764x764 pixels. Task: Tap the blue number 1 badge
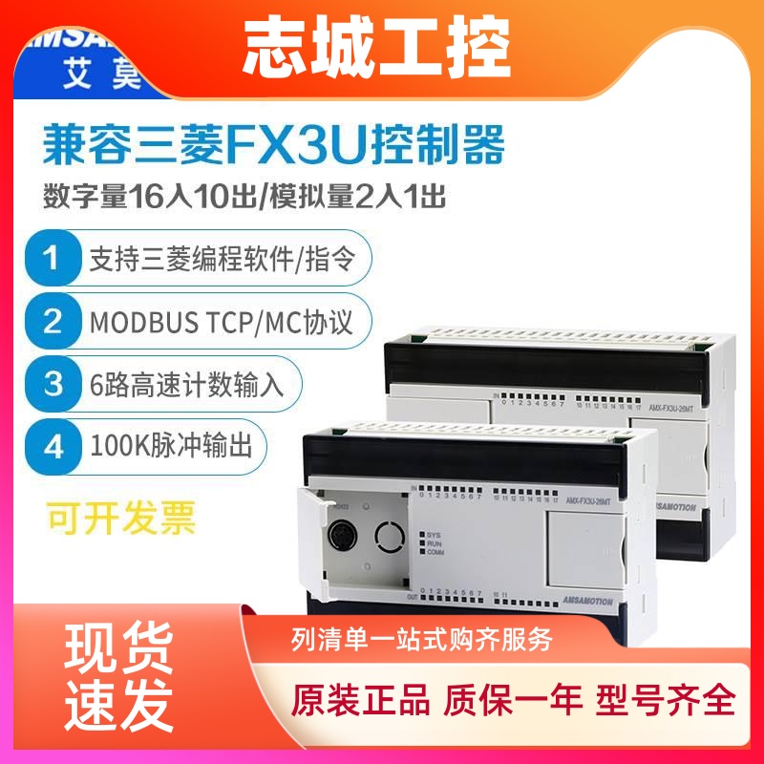[53, 258]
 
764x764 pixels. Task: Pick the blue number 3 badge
[53, 384]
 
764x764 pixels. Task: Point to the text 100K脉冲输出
[172, 445]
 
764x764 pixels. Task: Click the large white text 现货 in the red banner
[119, 650]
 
